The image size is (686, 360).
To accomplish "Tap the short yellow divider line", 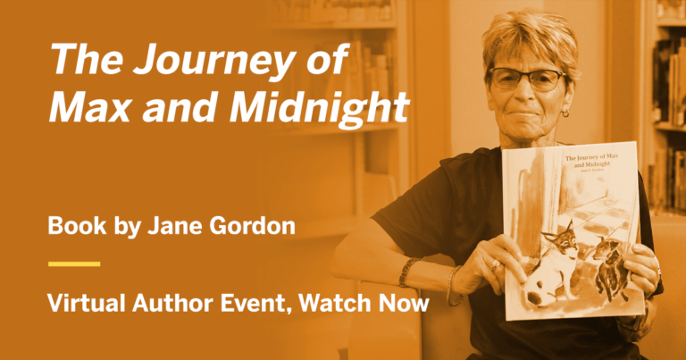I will coord(74,264).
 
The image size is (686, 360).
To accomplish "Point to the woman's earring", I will coord(565,113).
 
